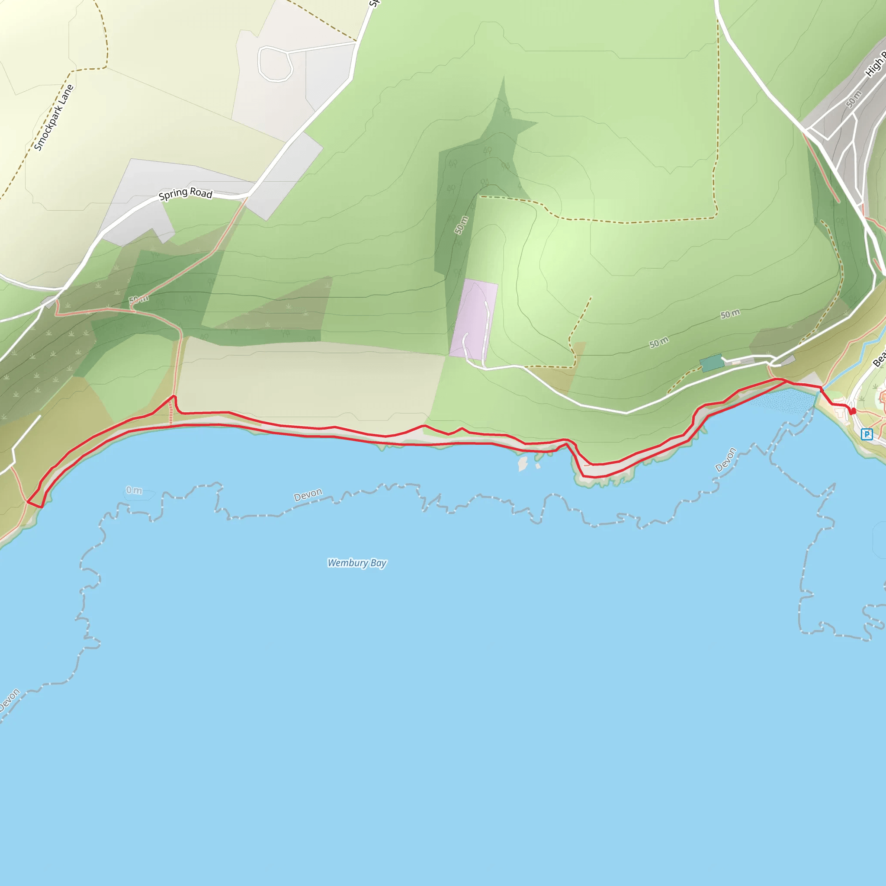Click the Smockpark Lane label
click(54, 117)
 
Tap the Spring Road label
click(185, 193)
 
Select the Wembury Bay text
click(357, 563)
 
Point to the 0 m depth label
click(135, 490)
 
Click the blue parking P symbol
click(866, 434)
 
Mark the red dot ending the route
click(853, 411)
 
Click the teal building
click(711, 363)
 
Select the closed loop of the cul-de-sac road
click(275, 64)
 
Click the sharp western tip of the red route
click(28, 502)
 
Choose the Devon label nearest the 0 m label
click(308, 495)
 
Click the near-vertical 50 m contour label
click(461, 225)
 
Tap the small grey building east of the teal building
click(787, 360)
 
